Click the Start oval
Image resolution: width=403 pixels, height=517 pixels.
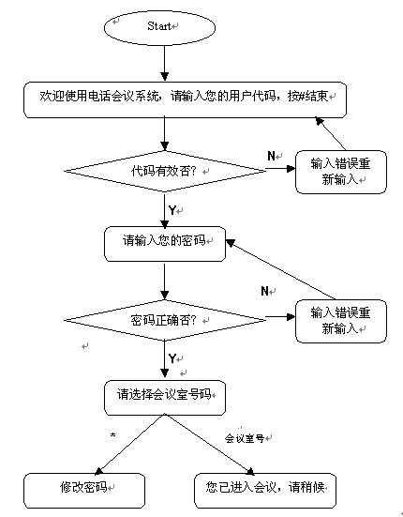pos(159,28)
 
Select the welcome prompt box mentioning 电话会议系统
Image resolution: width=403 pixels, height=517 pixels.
pos(185,99)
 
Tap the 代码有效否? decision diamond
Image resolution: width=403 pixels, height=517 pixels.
pos(165,171)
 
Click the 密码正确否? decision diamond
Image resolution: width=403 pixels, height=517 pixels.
pos(165,320)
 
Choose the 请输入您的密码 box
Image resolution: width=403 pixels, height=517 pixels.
pos(165,244)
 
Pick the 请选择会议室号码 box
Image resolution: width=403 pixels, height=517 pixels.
pos(165,398)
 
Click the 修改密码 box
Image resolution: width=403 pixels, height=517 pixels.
pos(84,491)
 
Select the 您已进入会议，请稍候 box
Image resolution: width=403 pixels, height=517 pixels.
pos(265,491)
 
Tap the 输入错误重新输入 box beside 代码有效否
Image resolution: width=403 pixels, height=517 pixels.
pos(341,172)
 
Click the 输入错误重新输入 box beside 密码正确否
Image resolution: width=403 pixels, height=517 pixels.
pos(341,321)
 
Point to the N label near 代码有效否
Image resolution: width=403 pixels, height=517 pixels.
pos(271,156)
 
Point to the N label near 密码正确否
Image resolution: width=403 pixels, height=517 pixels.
pos(264,291)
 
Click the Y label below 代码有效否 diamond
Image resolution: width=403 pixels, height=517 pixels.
pos(172,210)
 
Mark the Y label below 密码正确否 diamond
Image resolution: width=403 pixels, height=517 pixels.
pos(172,358)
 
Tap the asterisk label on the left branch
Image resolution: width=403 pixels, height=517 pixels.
pos(112,435)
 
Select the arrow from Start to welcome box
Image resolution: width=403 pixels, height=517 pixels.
pos(165,63)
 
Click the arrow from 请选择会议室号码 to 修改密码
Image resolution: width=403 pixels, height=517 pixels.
pos(129,445)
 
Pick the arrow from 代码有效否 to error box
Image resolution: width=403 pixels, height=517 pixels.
pos(280,169)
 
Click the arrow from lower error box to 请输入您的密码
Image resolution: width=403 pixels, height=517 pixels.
pos(281,269)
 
